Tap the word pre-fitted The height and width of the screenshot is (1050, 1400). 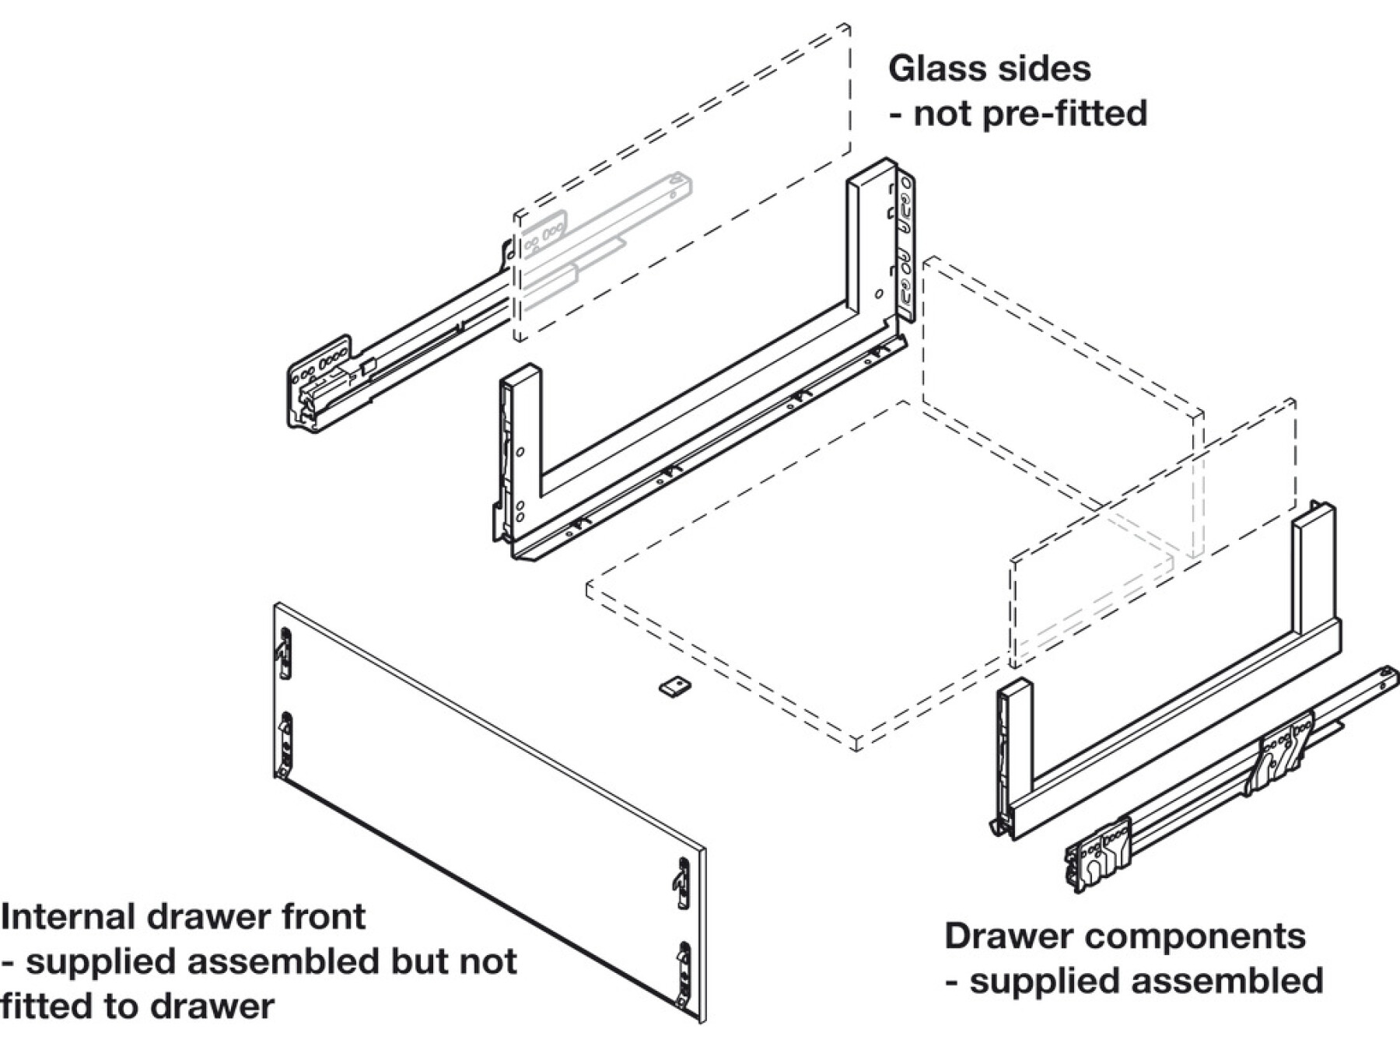(x=1064, y=114)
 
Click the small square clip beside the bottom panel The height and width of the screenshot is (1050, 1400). (x=674, y=687)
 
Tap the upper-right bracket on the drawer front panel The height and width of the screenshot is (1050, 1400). (x=682, y=882)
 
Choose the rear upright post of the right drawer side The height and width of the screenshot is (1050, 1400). (x=1314, y=568)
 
